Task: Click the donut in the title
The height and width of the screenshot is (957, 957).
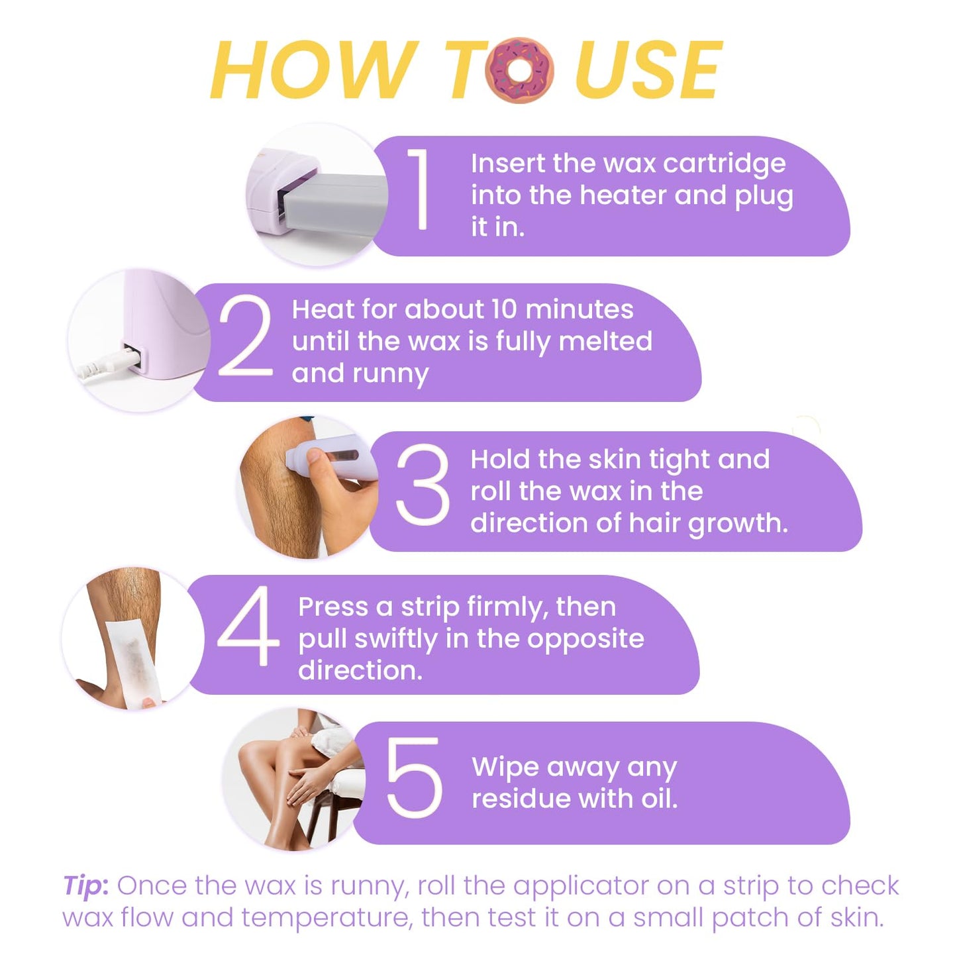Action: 520,70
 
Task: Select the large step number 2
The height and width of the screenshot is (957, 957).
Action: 245,336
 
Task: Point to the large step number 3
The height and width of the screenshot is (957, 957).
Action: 423,485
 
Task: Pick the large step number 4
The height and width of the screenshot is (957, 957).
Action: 248,626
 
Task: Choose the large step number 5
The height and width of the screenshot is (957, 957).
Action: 414,777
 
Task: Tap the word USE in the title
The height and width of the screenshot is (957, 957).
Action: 648,70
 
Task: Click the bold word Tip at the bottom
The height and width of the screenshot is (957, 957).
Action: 85,885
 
